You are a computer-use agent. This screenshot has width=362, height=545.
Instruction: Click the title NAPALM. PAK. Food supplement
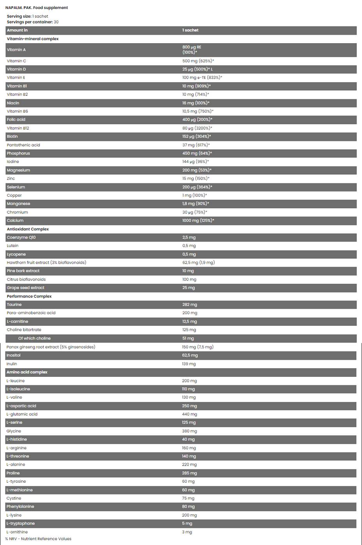click(x=37, y=8)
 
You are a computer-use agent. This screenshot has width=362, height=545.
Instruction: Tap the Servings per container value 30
click(x=56, y=22)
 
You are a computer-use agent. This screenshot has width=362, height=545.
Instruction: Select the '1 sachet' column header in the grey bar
click(x=190, y=30)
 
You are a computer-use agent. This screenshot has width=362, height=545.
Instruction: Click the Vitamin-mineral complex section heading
click(x=33, y=39)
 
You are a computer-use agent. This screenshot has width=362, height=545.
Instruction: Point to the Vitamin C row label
click(x=16, y=61)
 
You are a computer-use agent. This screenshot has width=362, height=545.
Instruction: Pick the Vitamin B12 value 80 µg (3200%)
click(x=197, y=128)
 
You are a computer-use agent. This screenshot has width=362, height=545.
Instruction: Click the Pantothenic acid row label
click(x=23, y=145)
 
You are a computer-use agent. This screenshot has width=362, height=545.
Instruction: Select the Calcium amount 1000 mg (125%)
click(x=198, y=221)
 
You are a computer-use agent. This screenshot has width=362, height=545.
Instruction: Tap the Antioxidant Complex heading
click(x=28, y=229)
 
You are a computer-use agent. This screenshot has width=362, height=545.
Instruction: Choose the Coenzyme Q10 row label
click(x=21, y=237)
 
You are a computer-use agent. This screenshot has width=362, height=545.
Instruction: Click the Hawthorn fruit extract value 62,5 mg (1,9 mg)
click(x=198, y=263)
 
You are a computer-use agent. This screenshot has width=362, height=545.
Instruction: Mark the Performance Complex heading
click(x=29, y=297)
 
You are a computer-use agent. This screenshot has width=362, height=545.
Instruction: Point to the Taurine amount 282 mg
click(x=190, y=305)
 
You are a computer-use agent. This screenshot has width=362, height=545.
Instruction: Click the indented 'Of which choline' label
click(x=34, y=339)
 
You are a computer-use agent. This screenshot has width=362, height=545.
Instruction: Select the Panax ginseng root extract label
click(x=51, y=347)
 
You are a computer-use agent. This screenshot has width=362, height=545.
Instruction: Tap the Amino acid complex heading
click(x=27, y=373)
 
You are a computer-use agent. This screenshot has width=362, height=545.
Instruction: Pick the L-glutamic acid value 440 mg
click(x=189, y=415)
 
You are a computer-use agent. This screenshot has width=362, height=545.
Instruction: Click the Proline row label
click(x=13, y=473)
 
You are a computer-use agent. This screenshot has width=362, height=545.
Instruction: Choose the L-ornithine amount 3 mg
click(x=187, y=532)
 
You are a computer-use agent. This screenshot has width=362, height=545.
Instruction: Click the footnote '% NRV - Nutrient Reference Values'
click(x=38, y=539)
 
